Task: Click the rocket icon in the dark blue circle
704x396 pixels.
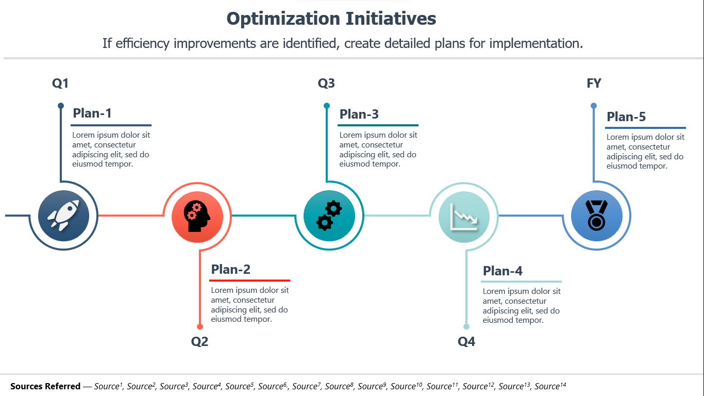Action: pyautogui.click(x=63, y=216)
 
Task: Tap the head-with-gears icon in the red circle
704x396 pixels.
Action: pyautogui.click(x=197, y=217)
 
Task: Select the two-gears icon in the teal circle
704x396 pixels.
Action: pyautogui.click(x=329, y=216)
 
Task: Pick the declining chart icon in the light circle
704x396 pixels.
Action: pyautogui.click(x=464, y=217)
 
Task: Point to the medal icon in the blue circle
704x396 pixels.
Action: pyautogui.click(x=596, y=216)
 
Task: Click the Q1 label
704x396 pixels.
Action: pyautogui.click(x=60, y=84)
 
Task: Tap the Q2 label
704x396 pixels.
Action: pyautogui.click(x=199, y=341)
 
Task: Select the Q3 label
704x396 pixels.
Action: pyautogui.click(x=326, y=84)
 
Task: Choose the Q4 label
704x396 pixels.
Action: pyautogui.click(x=466, y=341)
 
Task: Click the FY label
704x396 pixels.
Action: pyautogui.click(x=594, y=84)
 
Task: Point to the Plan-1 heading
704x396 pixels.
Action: pyautogui.click(x=92, y=113)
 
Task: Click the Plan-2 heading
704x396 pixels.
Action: pyautogui.click(x=231, y=269)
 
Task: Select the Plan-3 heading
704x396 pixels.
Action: pyautogui.click(x=359, y=114)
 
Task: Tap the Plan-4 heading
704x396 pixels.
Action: pyautogui.click(x=502, y=271)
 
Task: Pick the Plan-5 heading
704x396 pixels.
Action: pyautogui.click(x=626, y=117)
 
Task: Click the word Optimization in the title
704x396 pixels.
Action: pyautogui.click(x=283, y=19)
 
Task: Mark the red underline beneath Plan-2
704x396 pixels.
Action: pyautogui.click(x=249, y=280)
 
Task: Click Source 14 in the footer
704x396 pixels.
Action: pyautogui.click(x=550, y=386)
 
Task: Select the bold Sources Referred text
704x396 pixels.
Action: pyautogui.click(x=45, y=386)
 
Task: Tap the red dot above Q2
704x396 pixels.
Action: pyautogui.click(x=200, y=327)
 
